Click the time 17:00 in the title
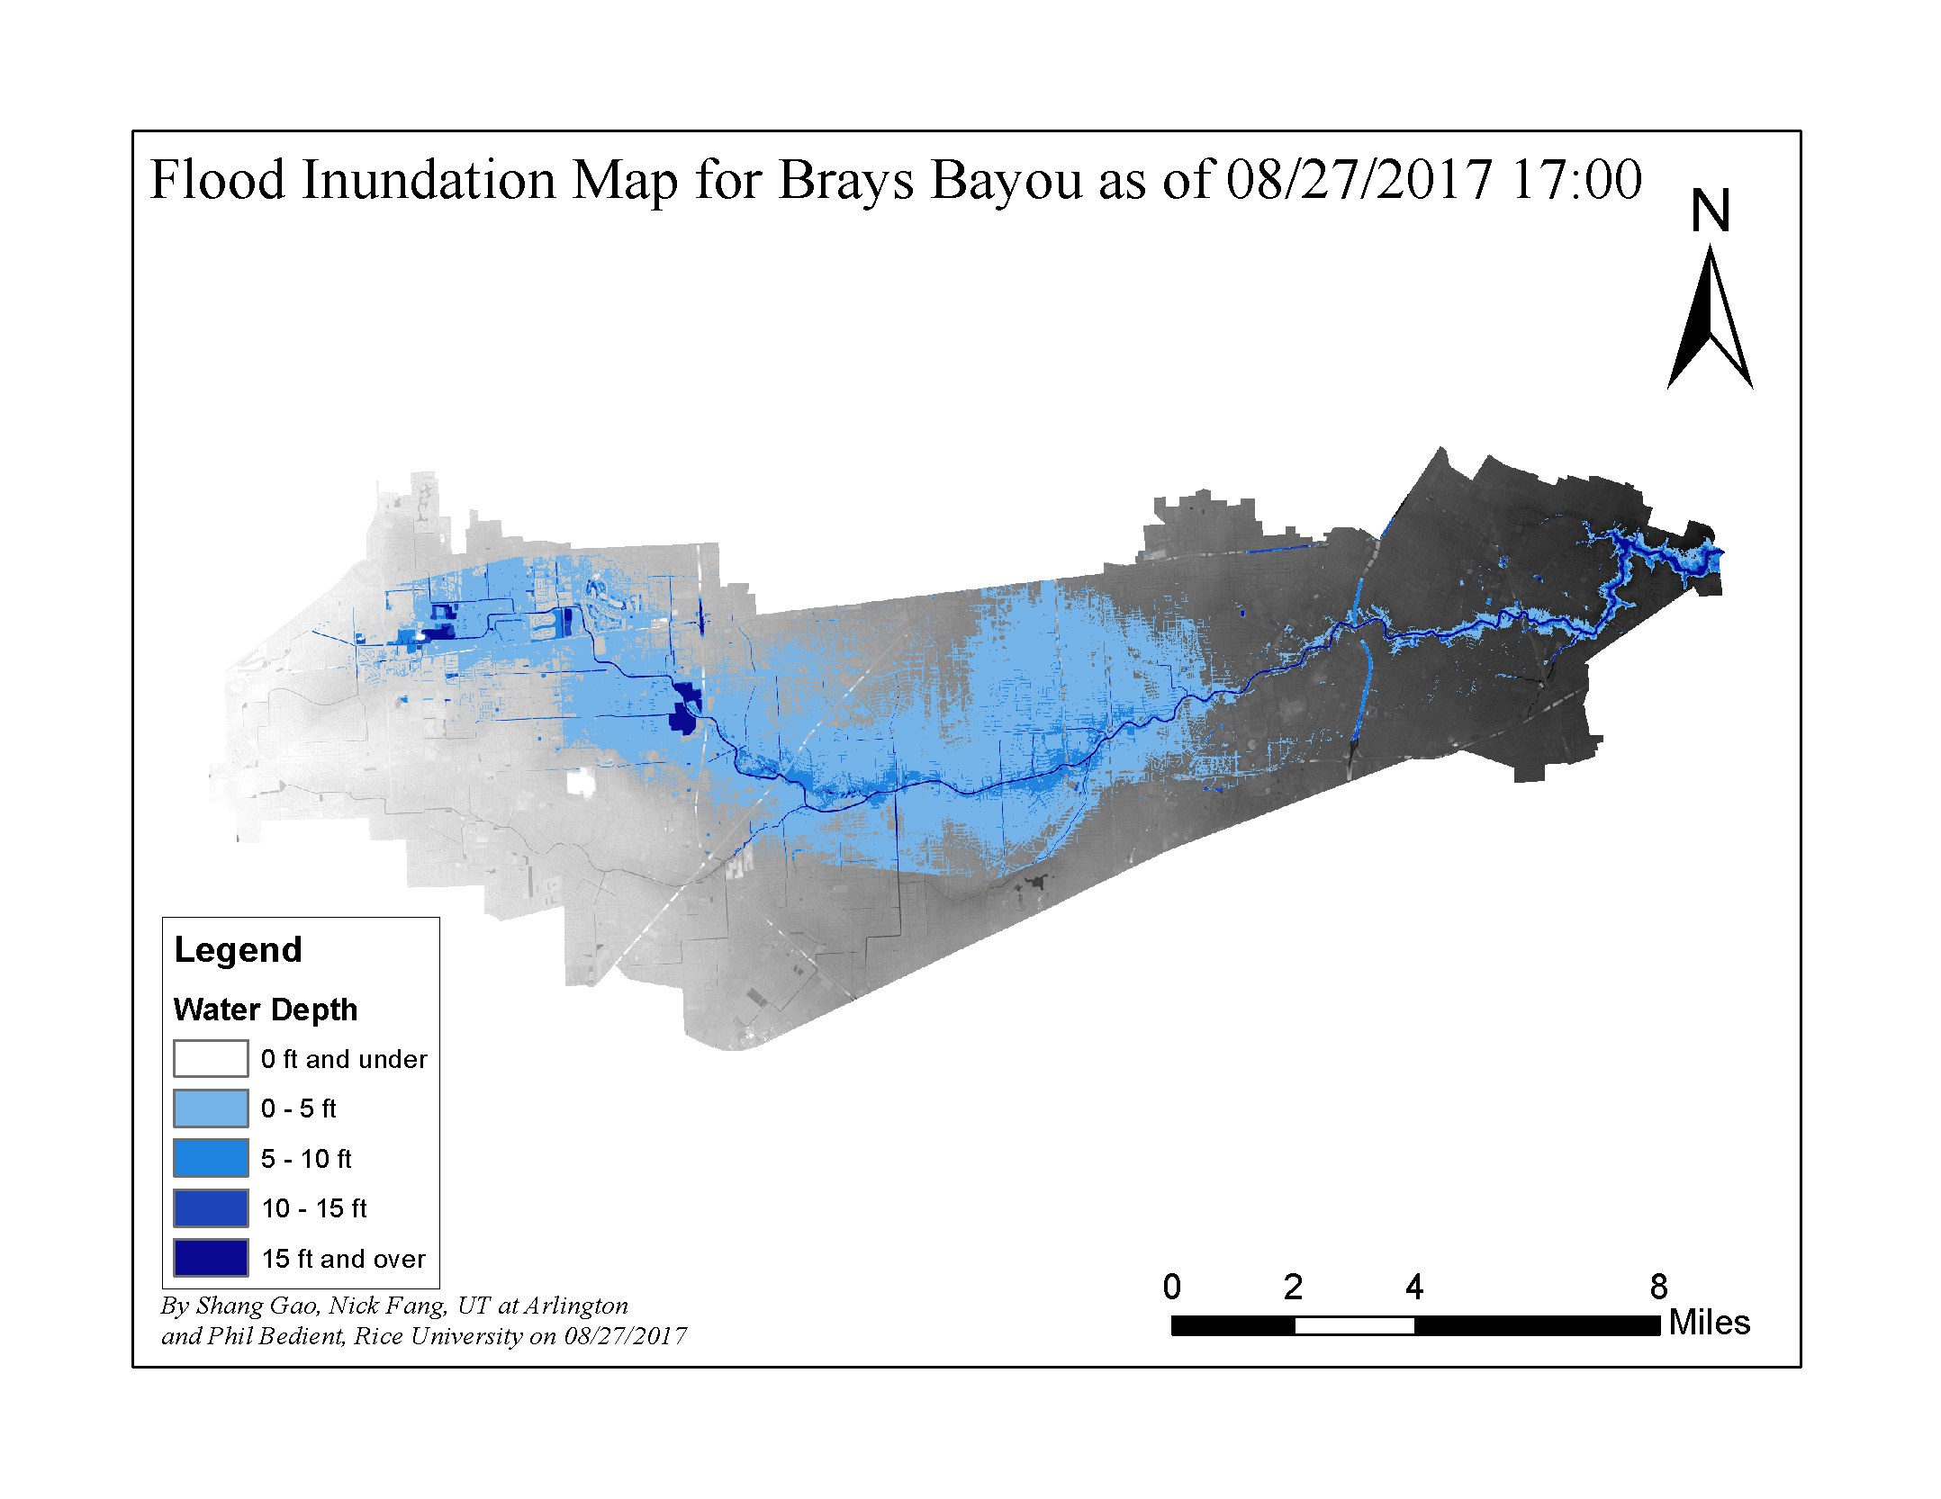point(1575,180)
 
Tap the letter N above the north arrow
point(1710,211)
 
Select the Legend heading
point(238,950)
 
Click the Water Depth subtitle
point(266,1010)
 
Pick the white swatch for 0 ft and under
point(211,1059)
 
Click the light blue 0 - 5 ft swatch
point(211,1109)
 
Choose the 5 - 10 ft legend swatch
point(211,1158)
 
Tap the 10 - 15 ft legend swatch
point(211,1208)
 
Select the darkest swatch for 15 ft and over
point(211,1258)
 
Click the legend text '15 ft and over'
point(343,1259)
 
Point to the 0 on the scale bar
point(1171,1287)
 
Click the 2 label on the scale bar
point(1293,1287)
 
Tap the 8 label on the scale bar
point(1658,1287)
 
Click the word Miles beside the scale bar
point(1709,1323)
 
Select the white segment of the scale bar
point(1354,1325)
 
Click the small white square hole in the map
point(581,783)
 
